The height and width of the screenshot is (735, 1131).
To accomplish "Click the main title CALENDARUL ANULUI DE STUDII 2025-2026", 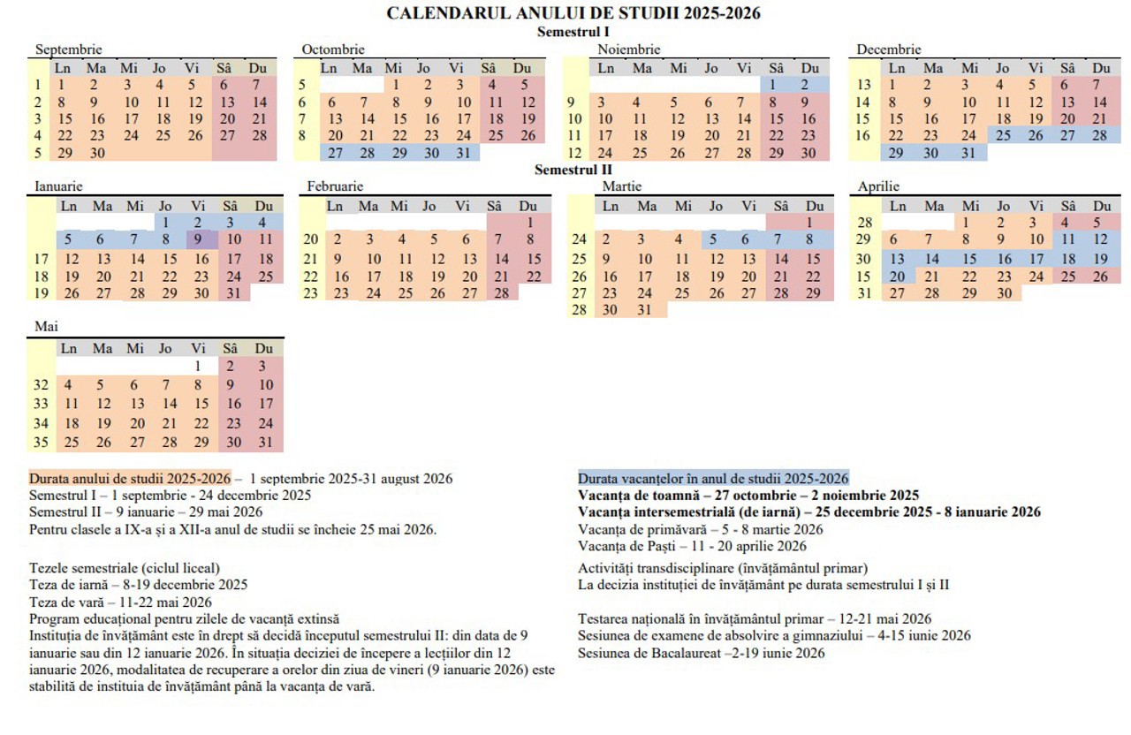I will coord(573,13).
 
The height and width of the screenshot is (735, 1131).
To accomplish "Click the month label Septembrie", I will coord(68,49).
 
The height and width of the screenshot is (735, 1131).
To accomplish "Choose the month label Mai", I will coord(46,327).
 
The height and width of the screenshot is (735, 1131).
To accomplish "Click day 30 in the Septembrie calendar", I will coord(97,153).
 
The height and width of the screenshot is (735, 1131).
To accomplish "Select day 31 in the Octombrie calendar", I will coord(463,153).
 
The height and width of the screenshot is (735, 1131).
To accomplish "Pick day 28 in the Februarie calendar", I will coord(501,293).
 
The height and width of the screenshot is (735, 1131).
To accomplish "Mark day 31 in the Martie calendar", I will coord(644,310).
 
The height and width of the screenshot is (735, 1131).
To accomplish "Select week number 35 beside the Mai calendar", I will coord(41,443).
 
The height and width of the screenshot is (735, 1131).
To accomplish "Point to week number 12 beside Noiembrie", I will coord(575,153).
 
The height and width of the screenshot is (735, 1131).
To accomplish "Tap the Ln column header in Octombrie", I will coord(329,68).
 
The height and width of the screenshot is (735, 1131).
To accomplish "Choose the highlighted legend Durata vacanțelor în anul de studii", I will coord(713,479).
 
